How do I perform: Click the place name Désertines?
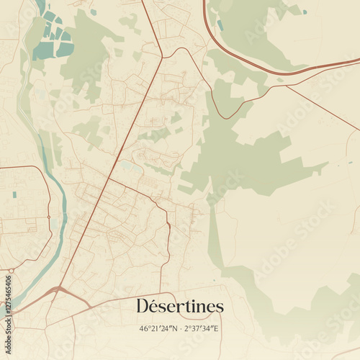point(180,306)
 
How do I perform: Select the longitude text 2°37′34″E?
point(202,328)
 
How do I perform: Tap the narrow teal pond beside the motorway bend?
point(220,25)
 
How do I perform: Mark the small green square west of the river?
point(14,194)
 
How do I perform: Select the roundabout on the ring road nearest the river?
point(49,217)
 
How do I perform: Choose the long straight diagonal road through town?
point(108,180)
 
